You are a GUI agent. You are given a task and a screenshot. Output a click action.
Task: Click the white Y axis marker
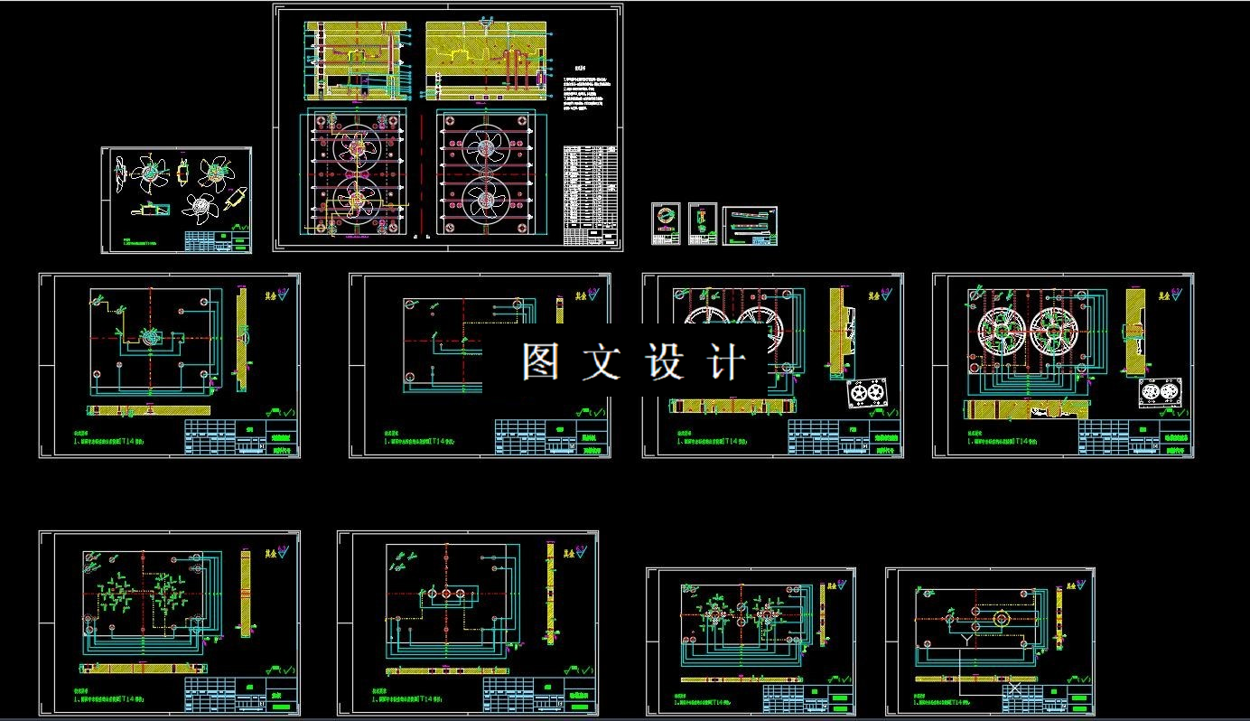pos(965,640)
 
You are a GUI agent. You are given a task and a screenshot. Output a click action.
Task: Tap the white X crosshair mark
pos(1014,689)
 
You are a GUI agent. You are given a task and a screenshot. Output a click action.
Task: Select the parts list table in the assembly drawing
pos(591,195)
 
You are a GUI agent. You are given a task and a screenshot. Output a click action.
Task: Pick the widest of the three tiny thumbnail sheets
pos(750,225)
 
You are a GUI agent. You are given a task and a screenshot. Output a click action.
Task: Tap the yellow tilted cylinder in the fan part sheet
pos(238,197)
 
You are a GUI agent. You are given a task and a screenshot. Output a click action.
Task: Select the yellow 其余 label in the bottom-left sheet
pos(267,552)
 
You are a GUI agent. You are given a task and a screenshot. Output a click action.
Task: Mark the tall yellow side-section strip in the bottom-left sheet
pos(245,592)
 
